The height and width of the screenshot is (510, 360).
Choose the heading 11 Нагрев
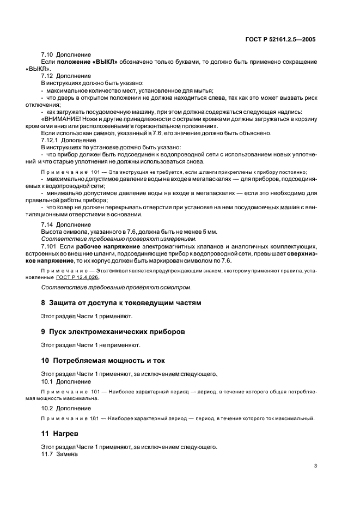pyautogui.click(x=59, y=434)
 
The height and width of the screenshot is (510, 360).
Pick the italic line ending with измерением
pyautogui.click(x=118, y=239)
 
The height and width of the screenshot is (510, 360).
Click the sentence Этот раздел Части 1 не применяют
pyautogui.click(x=91, y=345)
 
